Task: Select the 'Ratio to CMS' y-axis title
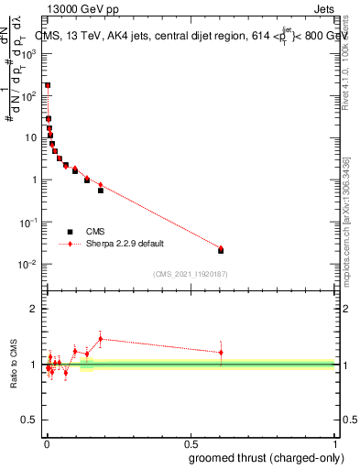15,364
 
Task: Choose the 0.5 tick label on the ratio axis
31,420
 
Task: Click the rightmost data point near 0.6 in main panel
221,249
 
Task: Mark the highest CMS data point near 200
48,85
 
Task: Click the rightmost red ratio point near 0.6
221,353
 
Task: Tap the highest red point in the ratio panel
101,339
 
